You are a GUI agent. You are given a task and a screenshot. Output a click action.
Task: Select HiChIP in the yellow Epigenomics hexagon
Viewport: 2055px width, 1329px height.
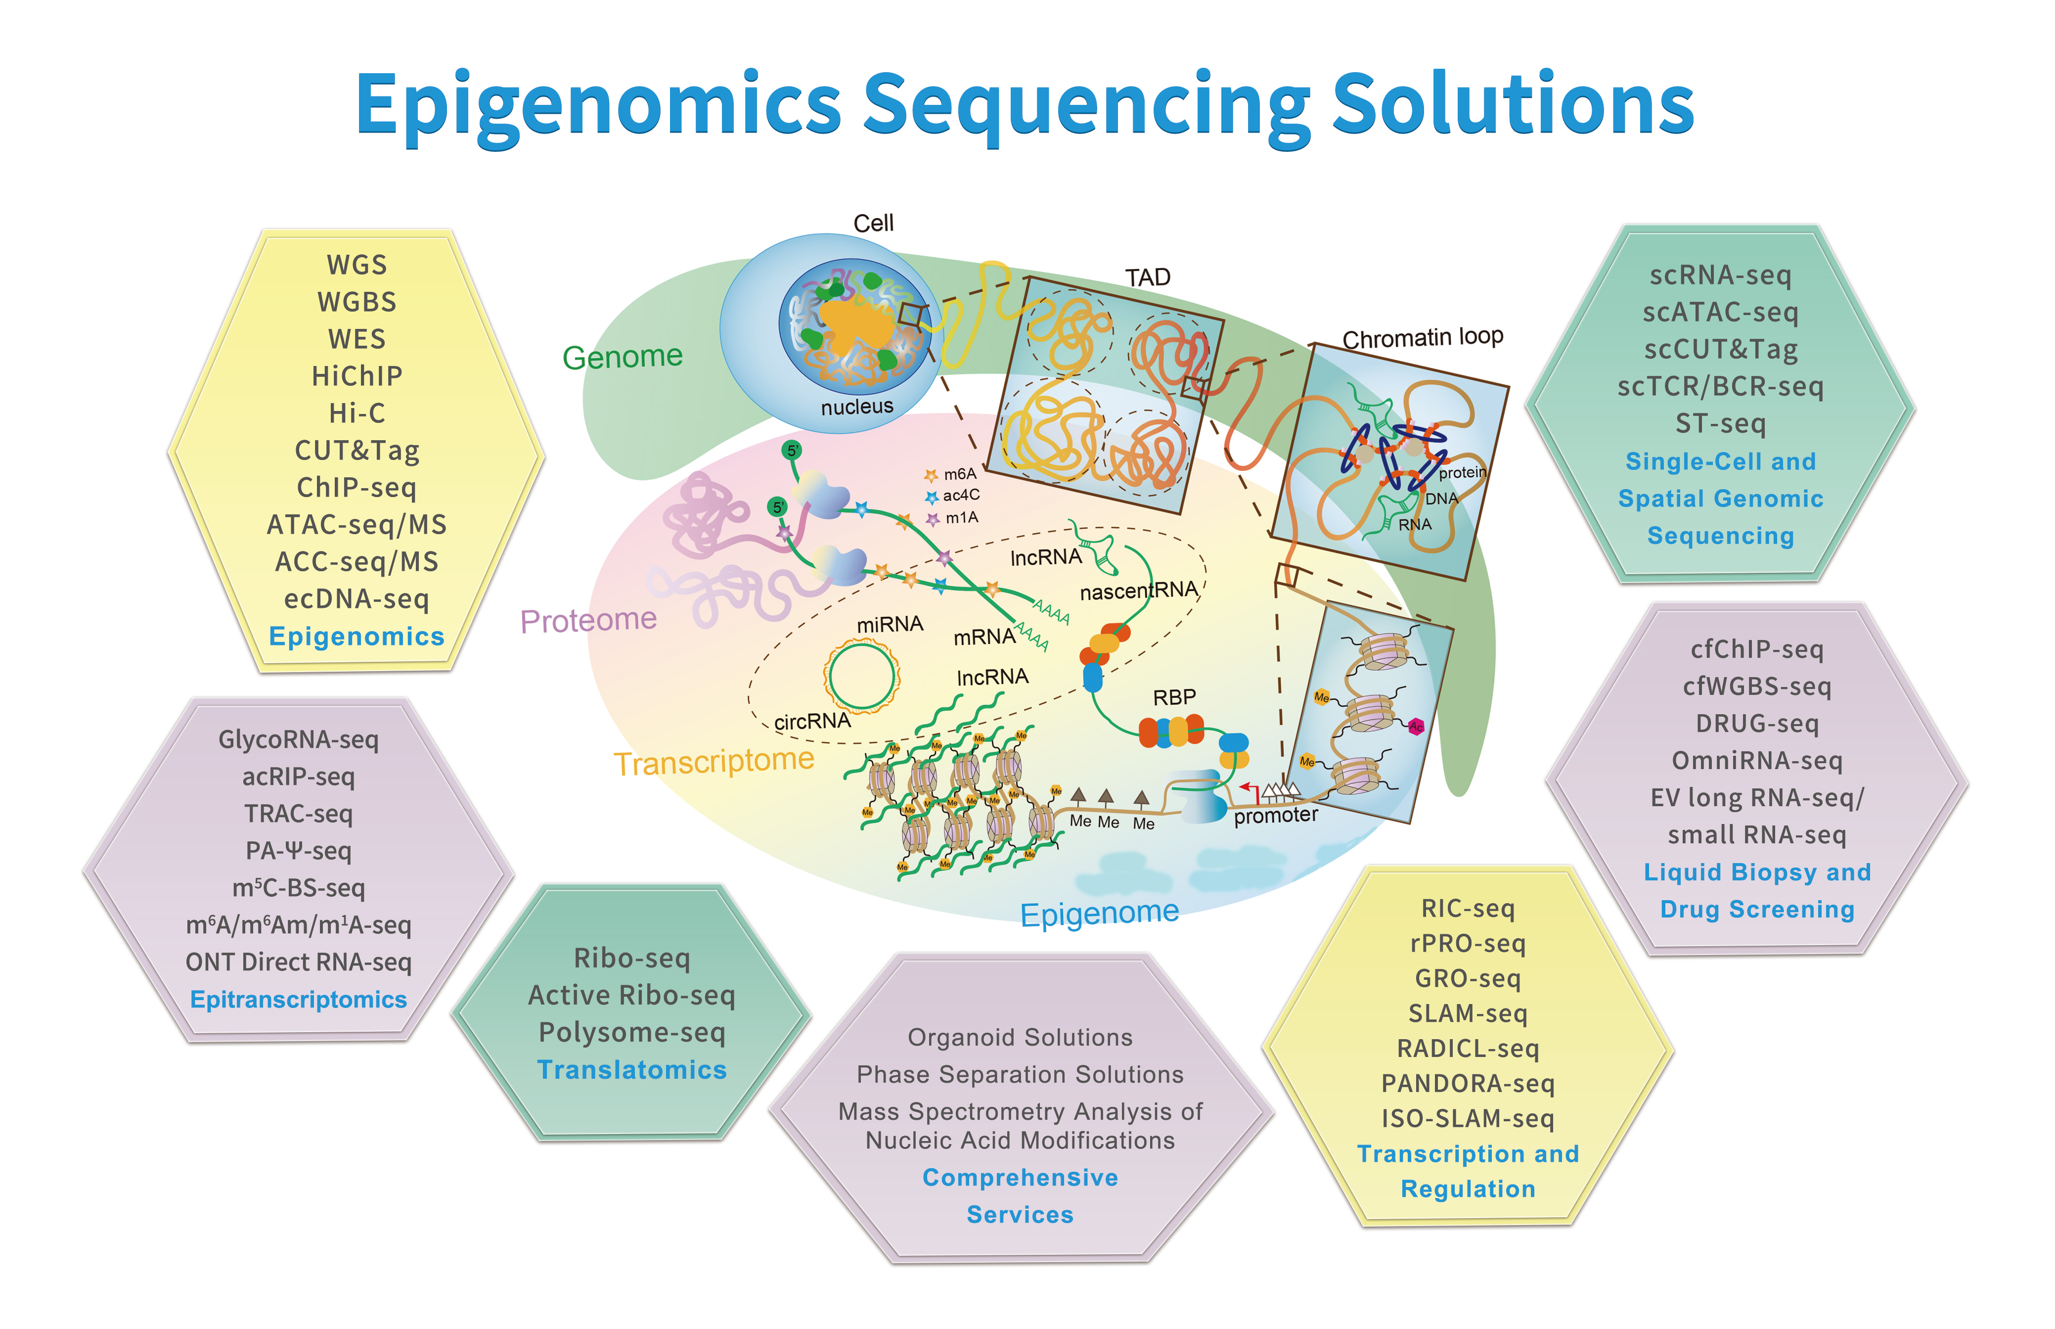(357, 376)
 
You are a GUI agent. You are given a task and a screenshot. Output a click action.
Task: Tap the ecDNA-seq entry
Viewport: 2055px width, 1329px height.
(357, 599)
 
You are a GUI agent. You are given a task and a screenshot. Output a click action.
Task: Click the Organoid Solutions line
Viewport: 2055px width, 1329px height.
(1019, 1037)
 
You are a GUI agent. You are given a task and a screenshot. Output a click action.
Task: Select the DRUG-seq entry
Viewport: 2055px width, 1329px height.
(1756, 723)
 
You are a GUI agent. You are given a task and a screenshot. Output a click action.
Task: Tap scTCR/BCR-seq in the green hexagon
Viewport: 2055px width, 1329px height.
(1720, 387)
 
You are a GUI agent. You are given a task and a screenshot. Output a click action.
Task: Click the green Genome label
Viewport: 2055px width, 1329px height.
(622, 357)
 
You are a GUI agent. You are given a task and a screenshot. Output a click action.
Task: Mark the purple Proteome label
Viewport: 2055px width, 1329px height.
(588, 620)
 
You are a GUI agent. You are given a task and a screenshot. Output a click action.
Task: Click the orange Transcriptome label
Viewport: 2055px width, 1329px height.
(714, 761)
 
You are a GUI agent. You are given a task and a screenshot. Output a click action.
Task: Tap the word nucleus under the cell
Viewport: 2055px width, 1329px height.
(857, 407)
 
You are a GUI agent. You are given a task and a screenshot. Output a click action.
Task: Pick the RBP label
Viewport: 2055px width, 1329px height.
(1174, 697)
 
